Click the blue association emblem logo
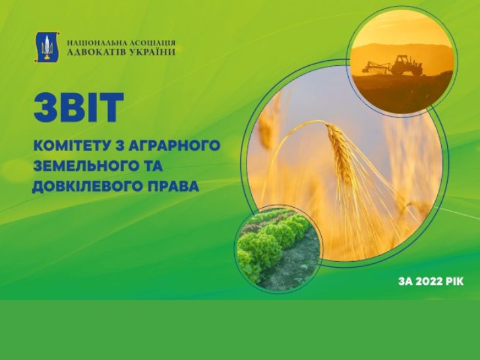[x=47, y=47]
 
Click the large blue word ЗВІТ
[x=79, y=107]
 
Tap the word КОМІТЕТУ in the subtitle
[x=73, y=145]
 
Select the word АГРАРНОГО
[x=174, y=145]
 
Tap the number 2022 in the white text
[x=426, y=282]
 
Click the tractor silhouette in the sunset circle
[x=407, y=65]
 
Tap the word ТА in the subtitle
[x=150, y=166]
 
